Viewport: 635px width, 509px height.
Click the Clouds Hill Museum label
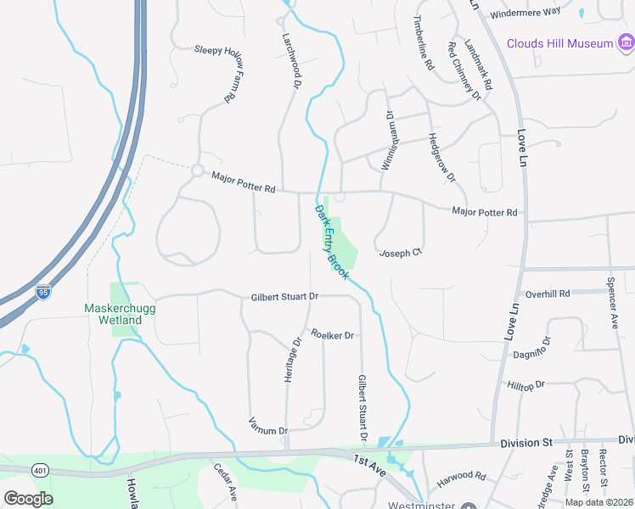point(559,43)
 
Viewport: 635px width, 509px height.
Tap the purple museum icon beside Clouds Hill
point(627,42)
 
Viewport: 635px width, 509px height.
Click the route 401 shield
point(40,469)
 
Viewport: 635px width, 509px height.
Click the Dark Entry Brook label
point(332,242)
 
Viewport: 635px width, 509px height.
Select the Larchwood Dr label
point(292,53)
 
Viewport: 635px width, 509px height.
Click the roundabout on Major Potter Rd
point(198,171)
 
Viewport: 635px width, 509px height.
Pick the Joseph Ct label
point(401,253)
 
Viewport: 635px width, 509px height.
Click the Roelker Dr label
point(332,335)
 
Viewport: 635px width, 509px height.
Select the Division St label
point(526,442)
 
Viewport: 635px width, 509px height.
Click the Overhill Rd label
point(548,294)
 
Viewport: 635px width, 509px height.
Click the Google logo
point(29,499)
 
